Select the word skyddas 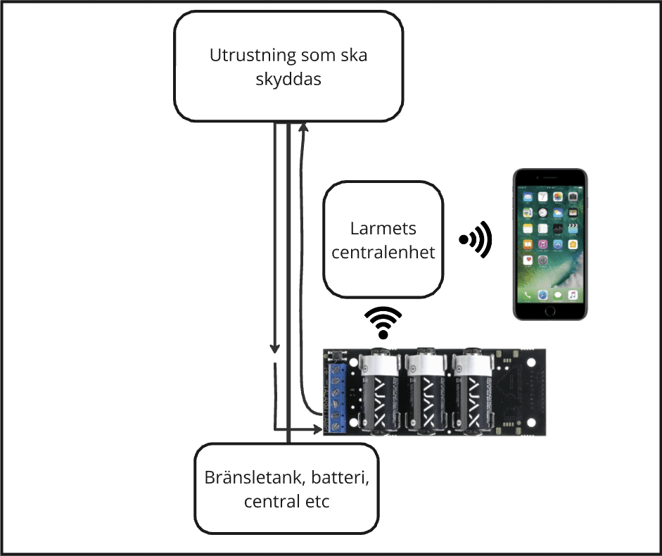pyautogui.click(x=289, y=80)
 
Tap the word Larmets pyautogui.click(x=383, y=229)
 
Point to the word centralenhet pyautogui.click(x=383, y=251)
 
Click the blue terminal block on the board pyautogui.click(x=337, y=394)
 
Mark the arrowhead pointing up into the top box pyautogui.click(x=303, y=127)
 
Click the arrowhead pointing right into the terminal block pyautogui.click(x=316, y=427)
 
